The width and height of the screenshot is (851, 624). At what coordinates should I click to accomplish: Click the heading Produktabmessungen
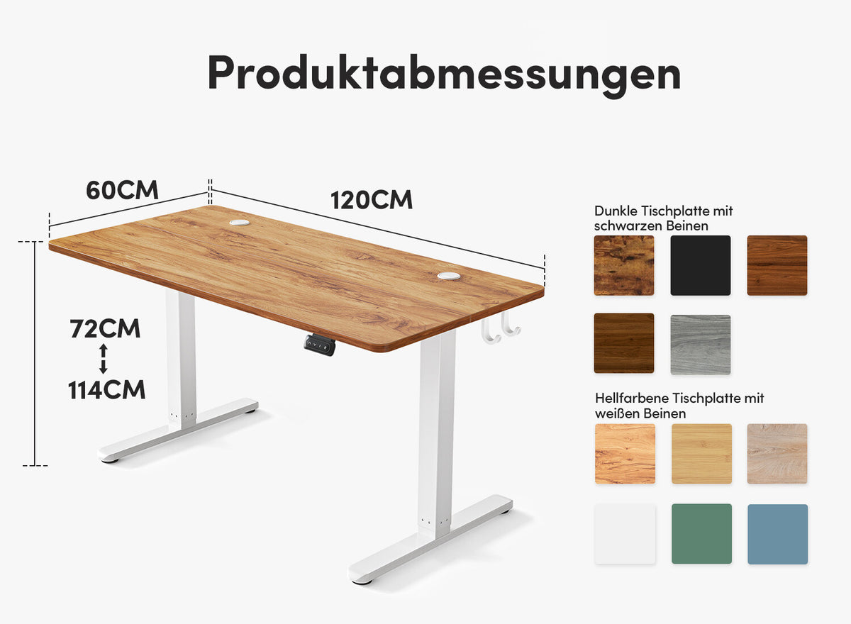coord(444,74)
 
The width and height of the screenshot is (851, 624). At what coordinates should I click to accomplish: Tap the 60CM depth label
coord(122,190)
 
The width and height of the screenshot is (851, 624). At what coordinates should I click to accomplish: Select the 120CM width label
coord(371,200)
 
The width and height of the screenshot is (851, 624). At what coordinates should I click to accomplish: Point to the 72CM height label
coord(105,328)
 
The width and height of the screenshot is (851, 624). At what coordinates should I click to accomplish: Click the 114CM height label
coord(106,390)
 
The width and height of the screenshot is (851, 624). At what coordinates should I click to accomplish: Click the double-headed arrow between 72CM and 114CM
coord(104,359)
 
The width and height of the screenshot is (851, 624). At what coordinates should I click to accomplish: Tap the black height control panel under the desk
coord(320,345)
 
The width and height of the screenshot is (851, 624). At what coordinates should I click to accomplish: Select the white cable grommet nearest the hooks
coord(449,276)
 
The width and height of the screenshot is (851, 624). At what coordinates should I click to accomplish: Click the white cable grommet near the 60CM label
coord(240,223)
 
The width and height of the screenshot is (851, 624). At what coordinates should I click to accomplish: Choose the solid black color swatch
coord(700,265)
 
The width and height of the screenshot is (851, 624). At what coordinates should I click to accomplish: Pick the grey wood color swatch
coord(700,345)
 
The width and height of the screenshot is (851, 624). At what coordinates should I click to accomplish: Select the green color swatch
coord(701,534)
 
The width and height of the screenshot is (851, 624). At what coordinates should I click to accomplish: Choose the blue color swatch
coord(778,534)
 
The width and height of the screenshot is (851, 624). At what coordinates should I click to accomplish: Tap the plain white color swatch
coord(625,534)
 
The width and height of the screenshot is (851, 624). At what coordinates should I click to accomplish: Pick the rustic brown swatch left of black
coord(624,265)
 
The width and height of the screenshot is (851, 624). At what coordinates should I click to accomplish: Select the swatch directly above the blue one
coord(777,454)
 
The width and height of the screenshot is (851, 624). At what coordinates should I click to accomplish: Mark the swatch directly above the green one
coord(701,454)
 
